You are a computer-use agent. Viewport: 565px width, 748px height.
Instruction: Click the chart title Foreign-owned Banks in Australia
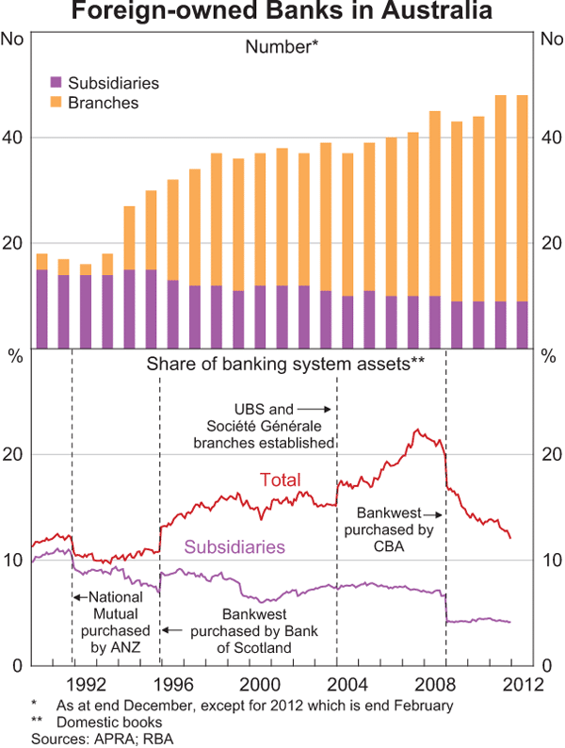pyautogui.click(x=282, y=13)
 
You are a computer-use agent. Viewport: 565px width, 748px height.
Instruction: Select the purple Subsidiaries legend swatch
pyautogui.click(x=56, y=83)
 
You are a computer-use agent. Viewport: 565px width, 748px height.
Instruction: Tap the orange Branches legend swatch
pyautogui.click(x=56, y=102)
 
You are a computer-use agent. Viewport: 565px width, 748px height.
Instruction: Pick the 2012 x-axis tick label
pyautogui.click(x=521, y=682)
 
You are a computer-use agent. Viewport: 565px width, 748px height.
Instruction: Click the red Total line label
pyautogui.click(x=279, y=480)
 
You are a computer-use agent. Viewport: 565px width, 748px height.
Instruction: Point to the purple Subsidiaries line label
pyautogui.click(x=234, y=546)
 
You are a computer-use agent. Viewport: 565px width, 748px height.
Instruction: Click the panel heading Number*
pyautogui.click(x=282, y=46)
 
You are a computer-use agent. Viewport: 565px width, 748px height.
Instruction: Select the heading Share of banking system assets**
pyautogui.click(x=282, y=364)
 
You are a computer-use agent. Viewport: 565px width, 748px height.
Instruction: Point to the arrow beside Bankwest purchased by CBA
pyautogui.click(x=432, y=514)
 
